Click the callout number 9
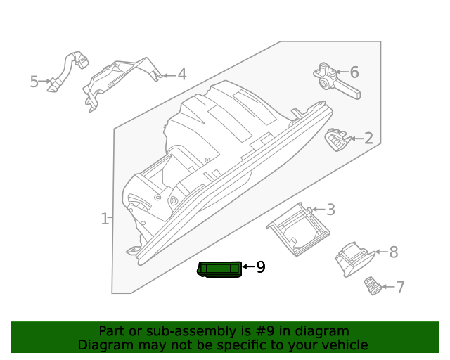[260, 267]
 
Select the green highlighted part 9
[220, 269]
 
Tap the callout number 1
[104, 219]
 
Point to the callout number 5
[34, 82]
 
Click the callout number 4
[181, 74]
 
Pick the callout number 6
[354, 72]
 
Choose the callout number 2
[368, 139]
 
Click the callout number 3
[330, 210]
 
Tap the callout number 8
[393, 252]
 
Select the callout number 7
[400, 287]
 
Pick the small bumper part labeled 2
[338, 139]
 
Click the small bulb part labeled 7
[372, 285]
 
